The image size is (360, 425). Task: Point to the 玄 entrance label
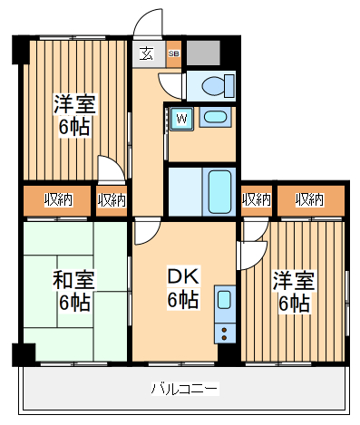[x=146, y=53]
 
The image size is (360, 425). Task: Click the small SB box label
[x=174, y=53]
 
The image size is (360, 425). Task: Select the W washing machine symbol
[x=181, y=118]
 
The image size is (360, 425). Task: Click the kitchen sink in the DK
[x=224, y=298]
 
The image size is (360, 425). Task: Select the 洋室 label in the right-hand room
[x=293, y=282]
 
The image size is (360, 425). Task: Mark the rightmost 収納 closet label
[x=310, y=199]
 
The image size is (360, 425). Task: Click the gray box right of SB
[x=203, y=53]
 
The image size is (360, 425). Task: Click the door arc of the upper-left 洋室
[x=109, y=169]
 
